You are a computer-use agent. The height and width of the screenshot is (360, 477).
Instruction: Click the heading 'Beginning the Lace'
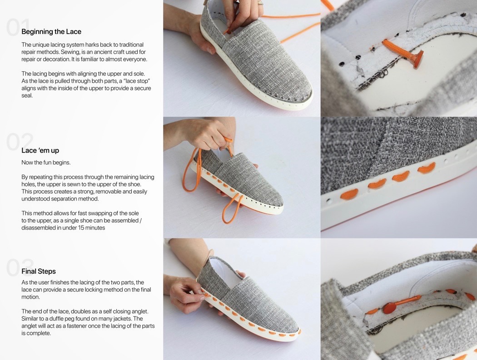click(x=51, y=32)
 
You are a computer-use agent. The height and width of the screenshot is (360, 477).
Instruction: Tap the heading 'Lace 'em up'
click(x=40, y=150)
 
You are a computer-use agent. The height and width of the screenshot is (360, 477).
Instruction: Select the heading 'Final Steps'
click(x=39, y=271)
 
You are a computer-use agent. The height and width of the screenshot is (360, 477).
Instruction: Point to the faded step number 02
click(x=19, y=142)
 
